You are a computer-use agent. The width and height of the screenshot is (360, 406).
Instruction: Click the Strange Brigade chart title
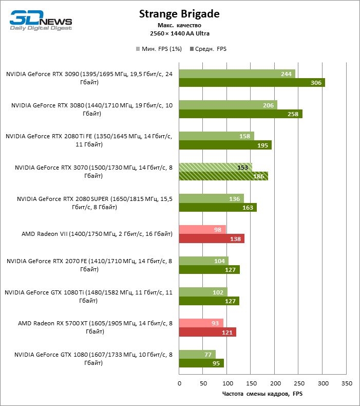[179, 14]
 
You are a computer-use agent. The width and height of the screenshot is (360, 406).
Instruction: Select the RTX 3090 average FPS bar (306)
[252, 83]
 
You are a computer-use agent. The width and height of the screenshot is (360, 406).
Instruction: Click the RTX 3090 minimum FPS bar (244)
[237, 73]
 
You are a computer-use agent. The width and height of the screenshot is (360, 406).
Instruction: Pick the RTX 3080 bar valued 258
[240, 114]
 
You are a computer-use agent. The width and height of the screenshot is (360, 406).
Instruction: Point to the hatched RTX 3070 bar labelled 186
[223, 176]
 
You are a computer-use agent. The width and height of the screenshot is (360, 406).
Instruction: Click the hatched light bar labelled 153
[215, 167]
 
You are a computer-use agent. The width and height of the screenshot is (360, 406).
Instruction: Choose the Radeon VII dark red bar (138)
[212, 238]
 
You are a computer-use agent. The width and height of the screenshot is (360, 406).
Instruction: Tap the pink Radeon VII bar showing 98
[202, 229]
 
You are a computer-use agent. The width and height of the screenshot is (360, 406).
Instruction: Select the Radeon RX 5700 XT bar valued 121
[207, 332]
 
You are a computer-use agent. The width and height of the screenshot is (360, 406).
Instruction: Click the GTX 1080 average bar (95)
[201, 363]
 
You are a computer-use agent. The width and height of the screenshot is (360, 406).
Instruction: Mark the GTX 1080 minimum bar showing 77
[197, 354]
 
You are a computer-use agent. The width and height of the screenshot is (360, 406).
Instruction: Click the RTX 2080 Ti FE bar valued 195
[225, 145]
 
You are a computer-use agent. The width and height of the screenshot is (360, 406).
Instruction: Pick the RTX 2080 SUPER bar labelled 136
[211, 198]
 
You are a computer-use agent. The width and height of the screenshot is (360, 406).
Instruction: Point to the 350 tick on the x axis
[347, 383]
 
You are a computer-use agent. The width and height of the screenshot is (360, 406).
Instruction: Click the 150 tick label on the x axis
[251, 383]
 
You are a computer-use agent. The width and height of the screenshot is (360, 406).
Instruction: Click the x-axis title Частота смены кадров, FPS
[262, 394]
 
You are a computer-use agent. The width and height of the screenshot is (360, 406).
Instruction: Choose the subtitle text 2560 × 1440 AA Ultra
[179, 33]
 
